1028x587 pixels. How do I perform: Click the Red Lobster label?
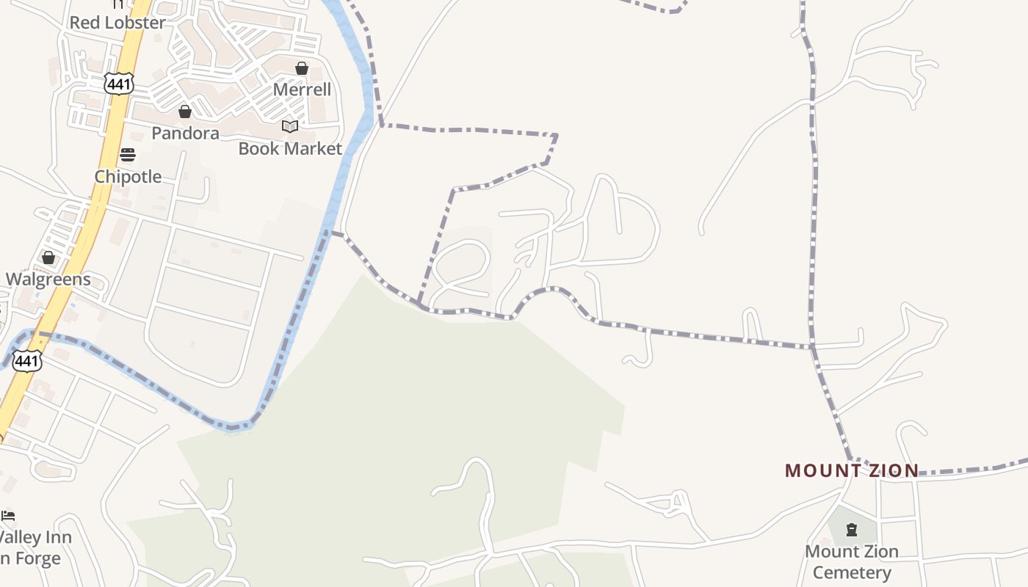click(117, 23)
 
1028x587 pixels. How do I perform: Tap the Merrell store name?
click(302, 90)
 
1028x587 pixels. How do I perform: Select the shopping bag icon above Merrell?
click(302, 68)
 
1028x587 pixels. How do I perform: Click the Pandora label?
click(185, 133)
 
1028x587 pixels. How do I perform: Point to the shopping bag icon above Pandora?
click(185, 112)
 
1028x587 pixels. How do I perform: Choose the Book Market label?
click(290, 148)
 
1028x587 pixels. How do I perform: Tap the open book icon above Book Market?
click(290, 126)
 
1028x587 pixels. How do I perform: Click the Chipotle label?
click(128, 176)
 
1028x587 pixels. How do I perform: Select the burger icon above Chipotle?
click(128, 155)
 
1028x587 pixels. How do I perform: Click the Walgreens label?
click(48, 279)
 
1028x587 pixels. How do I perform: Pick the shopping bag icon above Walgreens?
click(48, 258)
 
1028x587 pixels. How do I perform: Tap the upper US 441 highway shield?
click(118, 84)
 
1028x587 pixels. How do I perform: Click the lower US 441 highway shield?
click(27, 360)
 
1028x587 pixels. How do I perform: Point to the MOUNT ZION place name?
click(852, 470)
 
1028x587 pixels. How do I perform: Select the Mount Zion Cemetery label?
click(852, 561)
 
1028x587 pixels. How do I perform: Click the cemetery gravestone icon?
click(852, 529)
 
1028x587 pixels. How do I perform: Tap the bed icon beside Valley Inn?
click(8, 516)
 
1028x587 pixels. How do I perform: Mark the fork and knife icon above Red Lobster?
click(118, 4)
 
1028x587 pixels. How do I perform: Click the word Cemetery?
click(852, 572)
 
